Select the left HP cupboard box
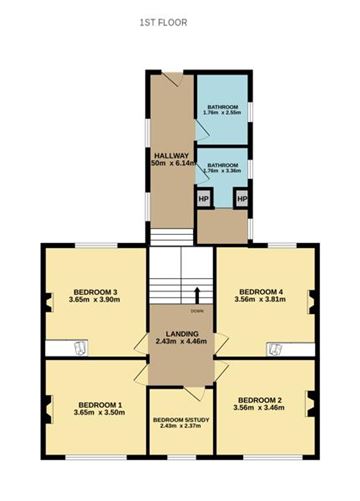pos(204,198)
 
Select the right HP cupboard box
pos(241,198)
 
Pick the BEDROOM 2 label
pos(264,401)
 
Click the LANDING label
pos(181,334)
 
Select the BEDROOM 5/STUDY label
pos(181,421)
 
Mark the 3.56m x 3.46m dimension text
pos(264,410)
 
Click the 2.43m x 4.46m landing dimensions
pos(181,343)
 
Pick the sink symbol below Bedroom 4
pos(272,348)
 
